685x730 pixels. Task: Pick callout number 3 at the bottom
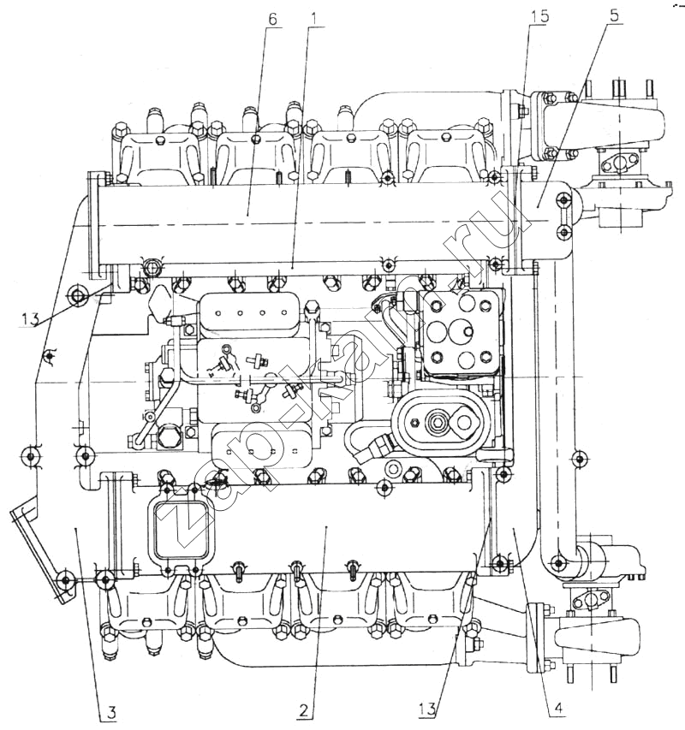[x=112, y=709]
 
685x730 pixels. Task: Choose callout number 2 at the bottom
[x=304, y=709]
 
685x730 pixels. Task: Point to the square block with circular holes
[x=461, y=334]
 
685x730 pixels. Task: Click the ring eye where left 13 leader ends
[x=78, y=296]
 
